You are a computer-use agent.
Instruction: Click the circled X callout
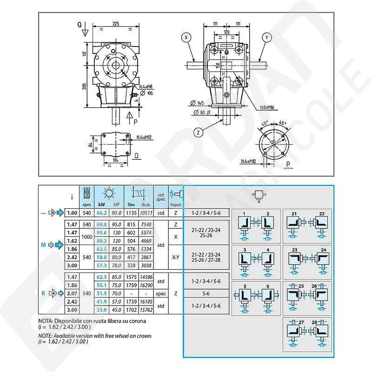[x=186, y=36]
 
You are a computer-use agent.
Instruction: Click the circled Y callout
[x=266, y=36]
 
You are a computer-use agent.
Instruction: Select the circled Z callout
[x=199, y=132]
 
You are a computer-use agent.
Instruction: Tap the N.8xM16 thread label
[x=265, y=107]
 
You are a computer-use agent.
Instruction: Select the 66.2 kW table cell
[x=102, y=213]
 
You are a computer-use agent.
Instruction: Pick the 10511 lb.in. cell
[x=146, y=213]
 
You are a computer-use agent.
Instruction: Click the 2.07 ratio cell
[x=72, y=293]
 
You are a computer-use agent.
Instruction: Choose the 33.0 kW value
[x=102, y=310]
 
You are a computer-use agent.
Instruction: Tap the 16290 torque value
[x=146, y=285]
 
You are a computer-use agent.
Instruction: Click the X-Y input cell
[x=176, y=256]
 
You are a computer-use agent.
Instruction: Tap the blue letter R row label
[x=43, y=293]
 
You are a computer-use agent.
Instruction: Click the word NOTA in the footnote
[x=46, y=321]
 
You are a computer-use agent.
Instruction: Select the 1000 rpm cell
[x=86, y=237]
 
